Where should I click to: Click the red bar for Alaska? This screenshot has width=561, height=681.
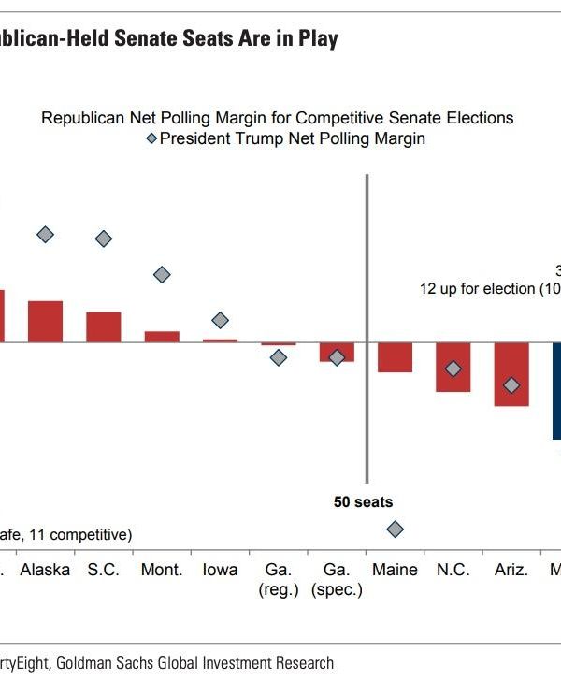pyautogui.click(x=45, y=321)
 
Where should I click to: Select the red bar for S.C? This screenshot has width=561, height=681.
pyautogui.click(x=104, y=326)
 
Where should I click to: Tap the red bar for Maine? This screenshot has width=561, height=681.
pyautogui.click(x=395, y=356)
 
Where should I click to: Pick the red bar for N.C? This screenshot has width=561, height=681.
pyautogui.click(x=453, y=366)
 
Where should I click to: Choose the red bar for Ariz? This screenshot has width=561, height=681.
pyautogui.click(x=511, y=373)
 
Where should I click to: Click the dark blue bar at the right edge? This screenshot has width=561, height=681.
pyautogui.click(x=556, y=390)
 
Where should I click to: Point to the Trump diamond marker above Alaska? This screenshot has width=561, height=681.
pyautogui.click(x=45, y=234)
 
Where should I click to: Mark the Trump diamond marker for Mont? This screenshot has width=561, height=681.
pyautogui.click(x=162, y=274)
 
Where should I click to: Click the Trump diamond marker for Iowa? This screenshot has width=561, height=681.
pyautogui.click(x=220, y=320)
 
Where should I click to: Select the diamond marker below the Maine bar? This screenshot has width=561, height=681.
pyautogui.click(x=395, y=529)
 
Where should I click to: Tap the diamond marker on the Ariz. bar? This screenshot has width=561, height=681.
pyautogui.click(x=511, y=384)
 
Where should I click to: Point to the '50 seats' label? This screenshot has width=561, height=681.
pyautogui.click(x=364, y=501)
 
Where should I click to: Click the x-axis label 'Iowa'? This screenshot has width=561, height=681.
pyautogui.click(x=220, y=570)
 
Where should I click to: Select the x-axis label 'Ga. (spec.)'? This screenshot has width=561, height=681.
pyautogui.click(x=337, y=580)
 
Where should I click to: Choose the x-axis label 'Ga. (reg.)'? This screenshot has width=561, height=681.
pyautogui.click(x=278, y=580)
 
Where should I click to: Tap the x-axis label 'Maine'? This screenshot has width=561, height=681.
pyautogui.click(x=395, y=570)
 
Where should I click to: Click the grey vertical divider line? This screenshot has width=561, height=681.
pyautogui.click(x=367, y=327)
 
